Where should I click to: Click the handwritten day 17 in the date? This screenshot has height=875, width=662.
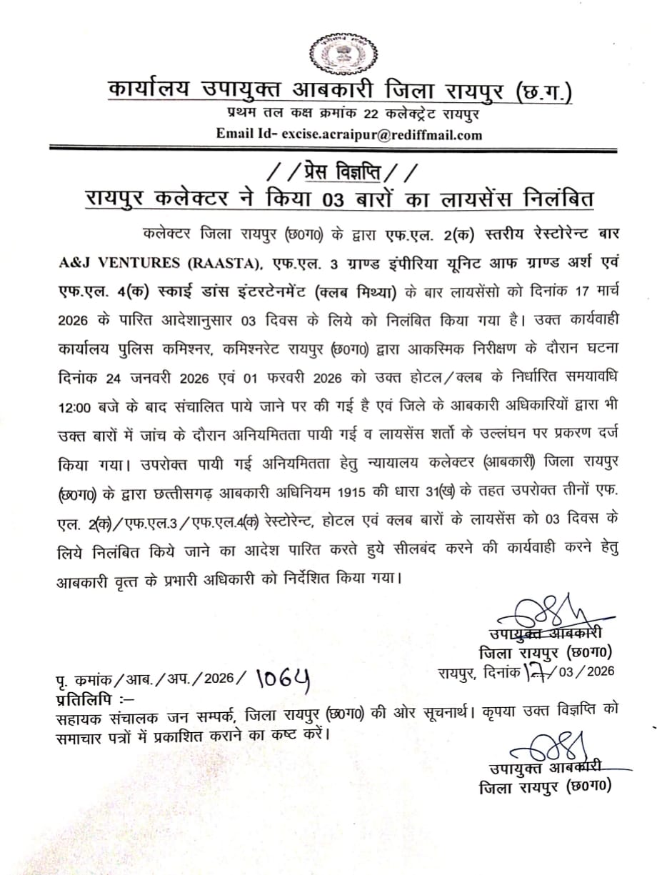coord(534,672)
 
